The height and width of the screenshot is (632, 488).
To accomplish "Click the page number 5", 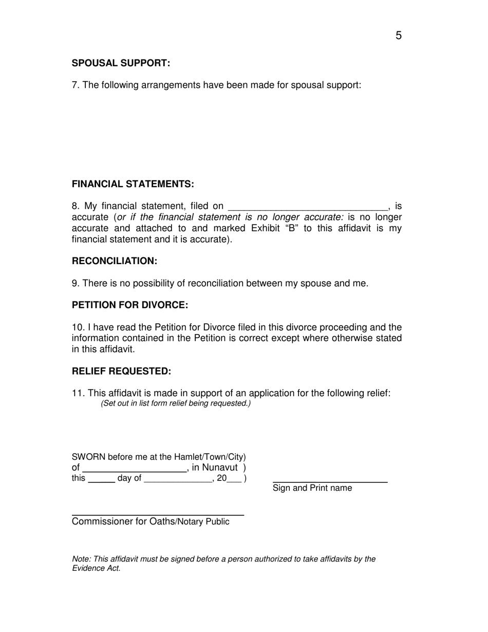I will point(399,36).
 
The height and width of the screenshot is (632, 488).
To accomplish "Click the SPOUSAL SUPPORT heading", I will point(121,63).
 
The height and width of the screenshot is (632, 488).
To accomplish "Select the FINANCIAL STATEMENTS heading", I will point(133,184).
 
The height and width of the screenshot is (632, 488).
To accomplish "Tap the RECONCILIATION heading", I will point(114,261).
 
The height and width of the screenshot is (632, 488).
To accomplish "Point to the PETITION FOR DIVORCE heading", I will point(129,305).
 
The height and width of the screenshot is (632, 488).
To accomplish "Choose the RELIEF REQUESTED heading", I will point(121,371).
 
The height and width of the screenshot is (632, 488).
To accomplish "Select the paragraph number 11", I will point(78,393).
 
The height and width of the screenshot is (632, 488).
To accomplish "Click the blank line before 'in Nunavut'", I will point(134,469).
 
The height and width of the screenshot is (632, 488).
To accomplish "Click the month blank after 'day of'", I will point(178,480).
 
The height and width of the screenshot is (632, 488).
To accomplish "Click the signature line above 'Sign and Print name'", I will point(330,481).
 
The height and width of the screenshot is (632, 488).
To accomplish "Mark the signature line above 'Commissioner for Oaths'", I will point(158,514).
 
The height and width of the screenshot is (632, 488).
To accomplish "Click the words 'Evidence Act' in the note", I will point(97,568).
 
